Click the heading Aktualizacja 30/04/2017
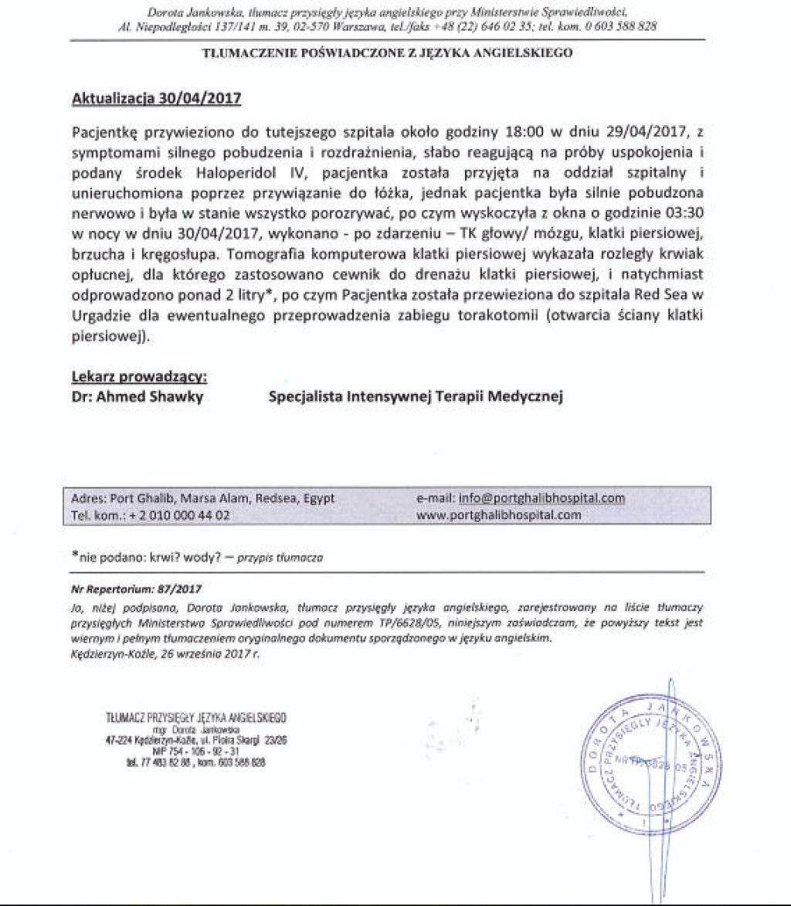click(156, 98)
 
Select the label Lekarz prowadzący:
click(139, 378)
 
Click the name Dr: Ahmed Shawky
click(137, 397)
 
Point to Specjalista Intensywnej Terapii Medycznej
click(416, 397)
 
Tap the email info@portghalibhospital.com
click(542, 498)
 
